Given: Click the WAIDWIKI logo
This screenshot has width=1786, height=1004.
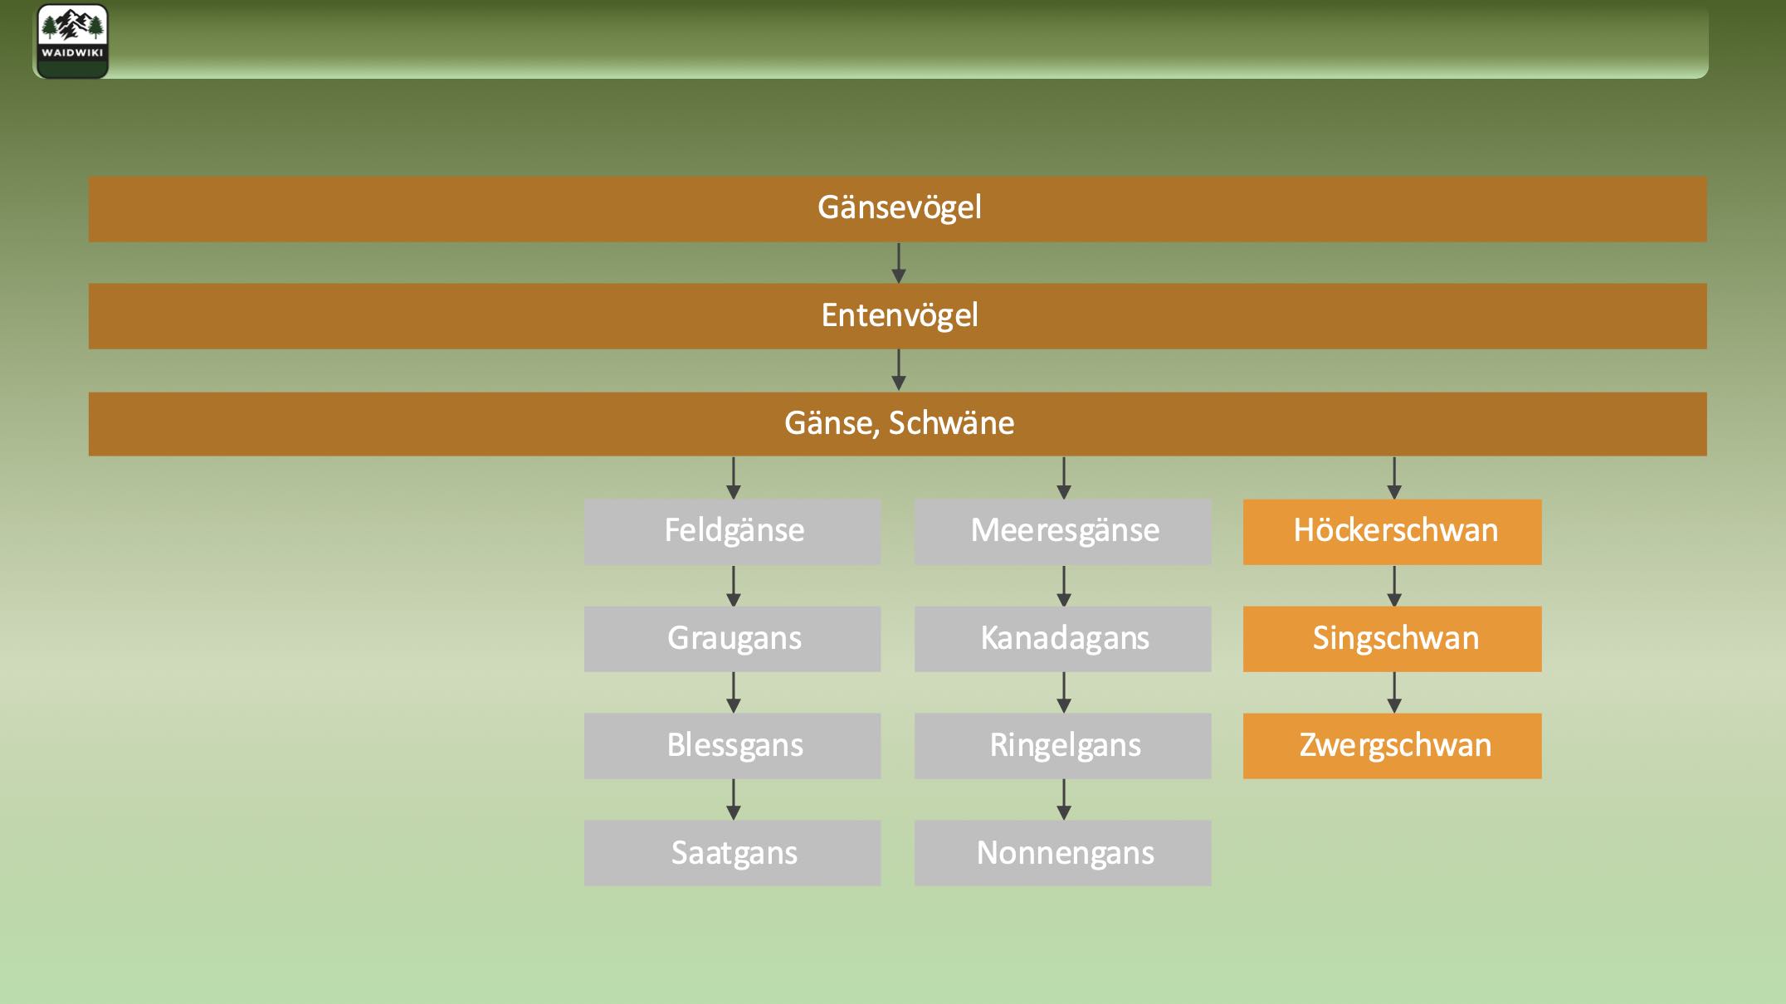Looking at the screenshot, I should click(72, 41).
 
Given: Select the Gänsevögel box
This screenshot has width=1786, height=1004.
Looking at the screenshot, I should click(897, 208).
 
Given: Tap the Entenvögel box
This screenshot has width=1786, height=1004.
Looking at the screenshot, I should click(897, 316).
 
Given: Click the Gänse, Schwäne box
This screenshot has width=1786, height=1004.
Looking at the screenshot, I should click(897, 424).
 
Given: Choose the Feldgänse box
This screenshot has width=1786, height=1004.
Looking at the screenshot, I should click(732, 531).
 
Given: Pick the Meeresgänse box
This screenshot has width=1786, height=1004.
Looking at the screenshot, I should click(1062, 531).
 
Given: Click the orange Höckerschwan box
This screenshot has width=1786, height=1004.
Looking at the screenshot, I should click(1392, 531).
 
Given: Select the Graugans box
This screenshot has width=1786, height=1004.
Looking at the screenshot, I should click(732, 639).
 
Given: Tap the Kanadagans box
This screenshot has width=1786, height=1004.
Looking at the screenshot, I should click(1062, 639).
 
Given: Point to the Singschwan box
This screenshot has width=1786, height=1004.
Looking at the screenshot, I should click(1392, 639).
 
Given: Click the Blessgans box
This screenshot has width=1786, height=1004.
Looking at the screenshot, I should click(732, 746).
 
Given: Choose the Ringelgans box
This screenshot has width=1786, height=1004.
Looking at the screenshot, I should click(1062, 746).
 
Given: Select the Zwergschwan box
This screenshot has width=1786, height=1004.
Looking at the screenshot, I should click(1392, 746).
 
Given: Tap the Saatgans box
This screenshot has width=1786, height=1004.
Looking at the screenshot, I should click(732, 853).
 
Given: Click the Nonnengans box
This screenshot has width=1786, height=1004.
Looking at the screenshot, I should click(1062, 853).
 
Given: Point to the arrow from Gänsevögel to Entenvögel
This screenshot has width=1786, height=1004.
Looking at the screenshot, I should click(898, 263).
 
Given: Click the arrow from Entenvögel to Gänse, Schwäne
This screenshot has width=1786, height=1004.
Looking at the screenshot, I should click(898, 370).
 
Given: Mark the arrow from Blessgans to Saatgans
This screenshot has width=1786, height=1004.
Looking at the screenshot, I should click(733, 800).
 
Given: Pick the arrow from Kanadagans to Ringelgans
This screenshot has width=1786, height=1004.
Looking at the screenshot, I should click(1064, 693).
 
